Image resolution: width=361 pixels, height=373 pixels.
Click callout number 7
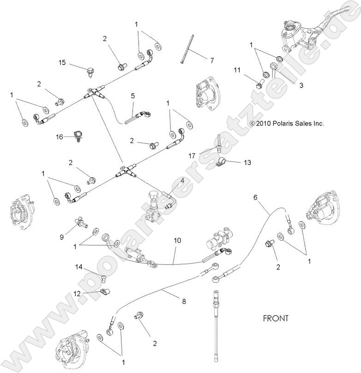(x=212, y=60)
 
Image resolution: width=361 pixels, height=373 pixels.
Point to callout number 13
(x=247, y=162)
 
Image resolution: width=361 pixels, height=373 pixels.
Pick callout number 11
(x=237, y=70)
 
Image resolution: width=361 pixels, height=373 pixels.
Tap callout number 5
(x=133, y=96)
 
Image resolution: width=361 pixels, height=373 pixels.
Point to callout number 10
(x=177, y=240)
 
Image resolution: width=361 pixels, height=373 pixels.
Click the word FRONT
(x=275, y=318)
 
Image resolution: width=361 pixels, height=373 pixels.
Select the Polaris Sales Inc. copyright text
(x=286, y=124)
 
